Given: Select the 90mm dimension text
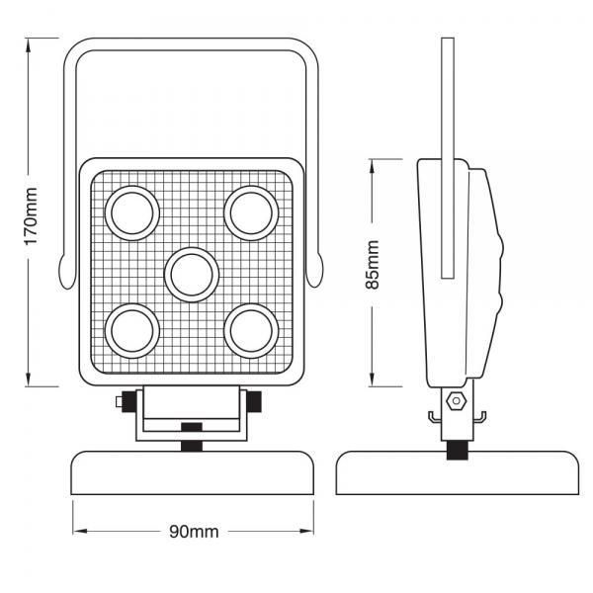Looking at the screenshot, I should point(193,532).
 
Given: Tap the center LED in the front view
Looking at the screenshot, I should point(191,274).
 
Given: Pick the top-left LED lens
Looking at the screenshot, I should point(131,212).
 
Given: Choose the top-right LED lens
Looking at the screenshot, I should point(249,212).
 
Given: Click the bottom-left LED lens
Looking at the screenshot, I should point(131,331).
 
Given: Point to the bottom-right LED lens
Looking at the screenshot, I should point(249,331).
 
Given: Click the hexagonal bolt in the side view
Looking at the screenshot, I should point(456,402).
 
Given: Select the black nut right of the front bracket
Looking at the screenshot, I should point(254,401).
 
